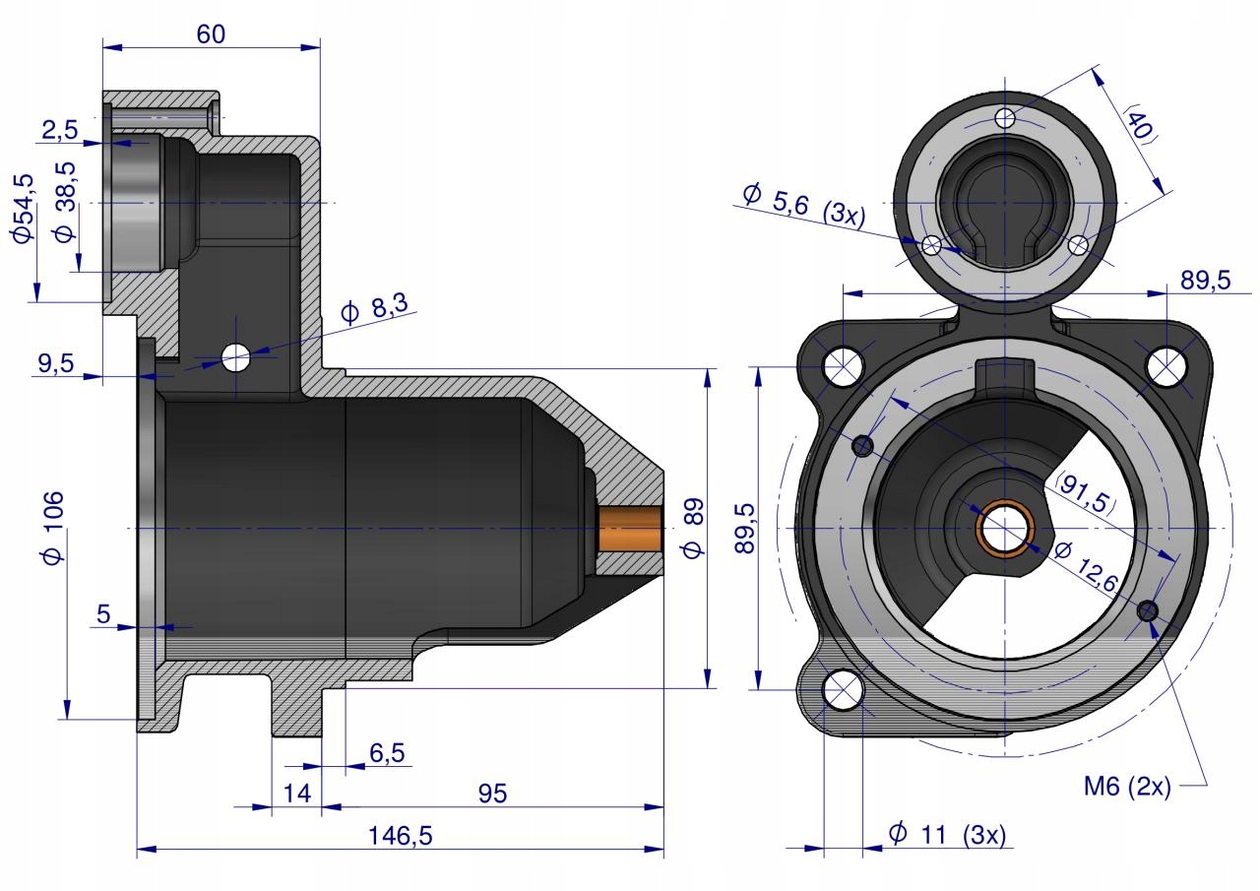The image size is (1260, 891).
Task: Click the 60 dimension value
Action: click(211, 33)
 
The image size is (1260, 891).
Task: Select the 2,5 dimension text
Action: click(60, 129)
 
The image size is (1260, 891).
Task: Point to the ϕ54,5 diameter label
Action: click(22, 208)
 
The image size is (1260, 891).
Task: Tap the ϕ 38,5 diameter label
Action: click(65, 218)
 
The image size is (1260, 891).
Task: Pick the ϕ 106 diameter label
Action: click(54, 527)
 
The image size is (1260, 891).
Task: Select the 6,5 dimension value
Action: click(387, 753)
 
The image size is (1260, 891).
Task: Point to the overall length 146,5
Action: click(400, 835)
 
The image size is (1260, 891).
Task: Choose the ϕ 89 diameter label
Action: click(694, 528)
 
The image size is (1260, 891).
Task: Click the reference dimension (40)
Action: click(1138, 124)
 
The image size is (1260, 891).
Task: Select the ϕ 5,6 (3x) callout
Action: click(803, 201)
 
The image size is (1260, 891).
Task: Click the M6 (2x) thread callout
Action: click(1126, 787)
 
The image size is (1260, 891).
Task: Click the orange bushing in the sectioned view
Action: click(630, 529)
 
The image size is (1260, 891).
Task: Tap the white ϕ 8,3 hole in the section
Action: click(236, 357)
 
